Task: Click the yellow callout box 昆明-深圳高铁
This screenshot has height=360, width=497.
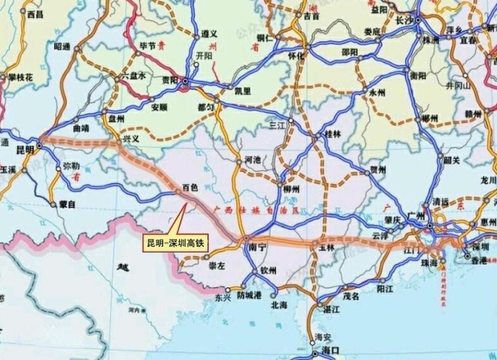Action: click(x=176, y=243)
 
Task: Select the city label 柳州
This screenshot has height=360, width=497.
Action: click(x=291, y=189)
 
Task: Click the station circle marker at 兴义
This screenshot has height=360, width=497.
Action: click(x=119, y=144)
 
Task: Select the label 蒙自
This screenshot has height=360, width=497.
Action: click(x=67, y=205)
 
